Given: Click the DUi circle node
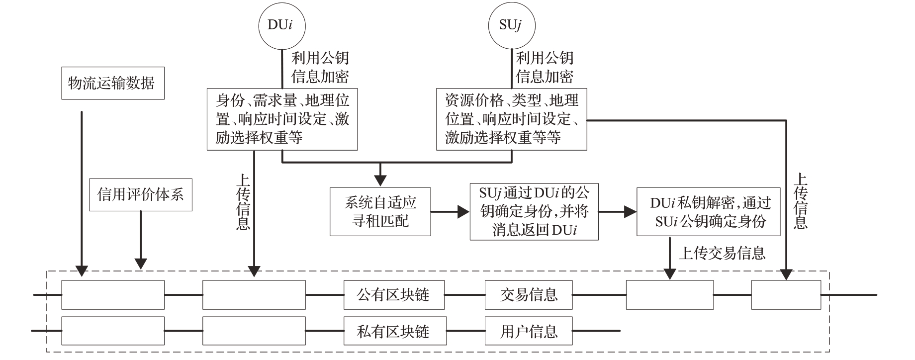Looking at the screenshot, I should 281,25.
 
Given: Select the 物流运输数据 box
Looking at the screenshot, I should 113,83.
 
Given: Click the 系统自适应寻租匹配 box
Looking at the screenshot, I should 380,211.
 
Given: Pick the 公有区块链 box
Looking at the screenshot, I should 394,294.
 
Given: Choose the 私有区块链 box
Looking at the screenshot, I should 394,331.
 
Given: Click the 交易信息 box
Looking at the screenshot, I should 529,294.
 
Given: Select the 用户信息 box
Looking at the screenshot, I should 529,331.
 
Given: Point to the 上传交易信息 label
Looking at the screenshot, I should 722,254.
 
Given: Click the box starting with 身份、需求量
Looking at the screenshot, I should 282,119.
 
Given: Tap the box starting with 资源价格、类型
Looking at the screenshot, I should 511,119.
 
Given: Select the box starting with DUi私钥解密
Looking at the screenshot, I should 708,212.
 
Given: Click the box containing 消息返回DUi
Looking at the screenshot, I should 534,212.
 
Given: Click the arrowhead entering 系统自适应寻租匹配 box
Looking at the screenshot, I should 380,182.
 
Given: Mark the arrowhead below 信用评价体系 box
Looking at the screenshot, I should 141,264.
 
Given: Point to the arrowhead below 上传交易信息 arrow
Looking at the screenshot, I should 670,273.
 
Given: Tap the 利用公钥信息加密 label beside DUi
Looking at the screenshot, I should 320,67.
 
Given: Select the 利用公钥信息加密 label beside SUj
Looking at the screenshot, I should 545,67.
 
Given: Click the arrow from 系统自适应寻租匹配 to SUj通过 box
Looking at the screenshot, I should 450,212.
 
